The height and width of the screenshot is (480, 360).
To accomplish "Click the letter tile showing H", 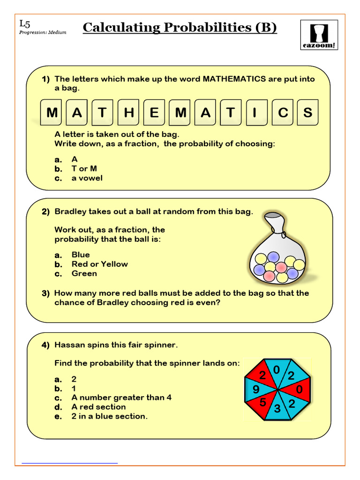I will (x=129, y=113).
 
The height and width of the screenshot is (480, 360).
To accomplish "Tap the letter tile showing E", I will (x=155, y=113).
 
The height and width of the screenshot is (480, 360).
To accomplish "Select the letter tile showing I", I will (x=255, y=113).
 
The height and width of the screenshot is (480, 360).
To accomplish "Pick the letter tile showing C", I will (x=283, y=113).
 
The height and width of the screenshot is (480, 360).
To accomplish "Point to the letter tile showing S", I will (x=307, y=113).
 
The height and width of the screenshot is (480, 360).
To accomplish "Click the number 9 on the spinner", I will (x=256, y=390).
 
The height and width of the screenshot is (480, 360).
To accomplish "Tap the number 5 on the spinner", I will (x=263, y=402).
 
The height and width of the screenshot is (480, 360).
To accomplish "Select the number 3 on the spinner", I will (x=277, y=409).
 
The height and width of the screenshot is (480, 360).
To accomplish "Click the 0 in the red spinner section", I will (x=300, y=390).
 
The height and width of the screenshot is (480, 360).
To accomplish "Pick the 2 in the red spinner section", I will (x=262, y=375).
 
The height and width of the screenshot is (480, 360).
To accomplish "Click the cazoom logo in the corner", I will (x=319, y=35).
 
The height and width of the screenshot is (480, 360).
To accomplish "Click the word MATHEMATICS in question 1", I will (x=234, y=79).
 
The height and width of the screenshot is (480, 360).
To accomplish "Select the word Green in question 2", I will (x=84, y=273).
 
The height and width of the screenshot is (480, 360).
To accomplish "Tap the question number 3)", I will (x=45, y=293).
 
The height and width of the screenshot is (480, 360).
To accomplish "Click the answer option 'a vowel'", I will (x=87, y=178).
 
